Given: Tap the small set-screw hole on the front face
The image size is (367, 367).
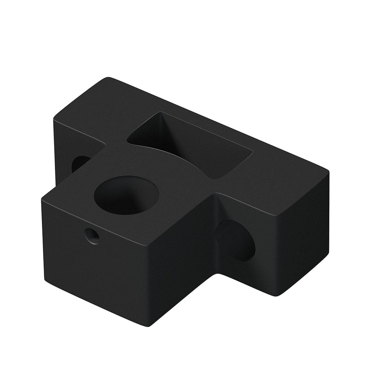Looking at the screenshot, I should (x=92, y=236).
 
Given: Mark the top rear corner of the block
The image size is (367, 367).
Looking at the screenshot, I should (x=108, y=78).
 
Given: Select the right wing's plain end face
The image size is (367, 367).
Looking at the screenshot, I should (x=300, y=235).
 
